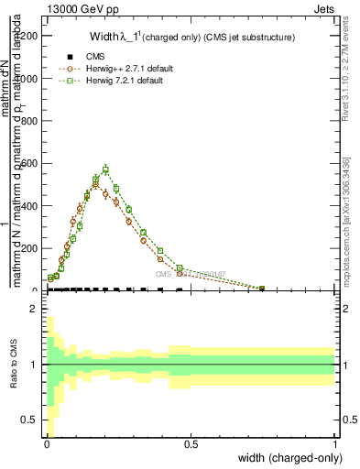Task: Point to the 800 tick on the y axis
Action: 31,121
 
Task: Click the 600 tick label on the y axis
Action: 31,164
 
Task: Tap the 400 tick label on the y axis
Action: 31,206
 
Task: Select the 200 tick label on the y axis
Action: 31,249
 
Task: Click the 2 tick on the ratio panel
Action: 34,310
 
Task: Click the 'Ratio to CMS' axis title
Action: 13,365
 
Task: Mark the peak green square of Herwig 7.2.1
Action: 105,169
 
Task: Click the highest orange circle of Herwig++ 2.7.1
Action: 95,185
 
